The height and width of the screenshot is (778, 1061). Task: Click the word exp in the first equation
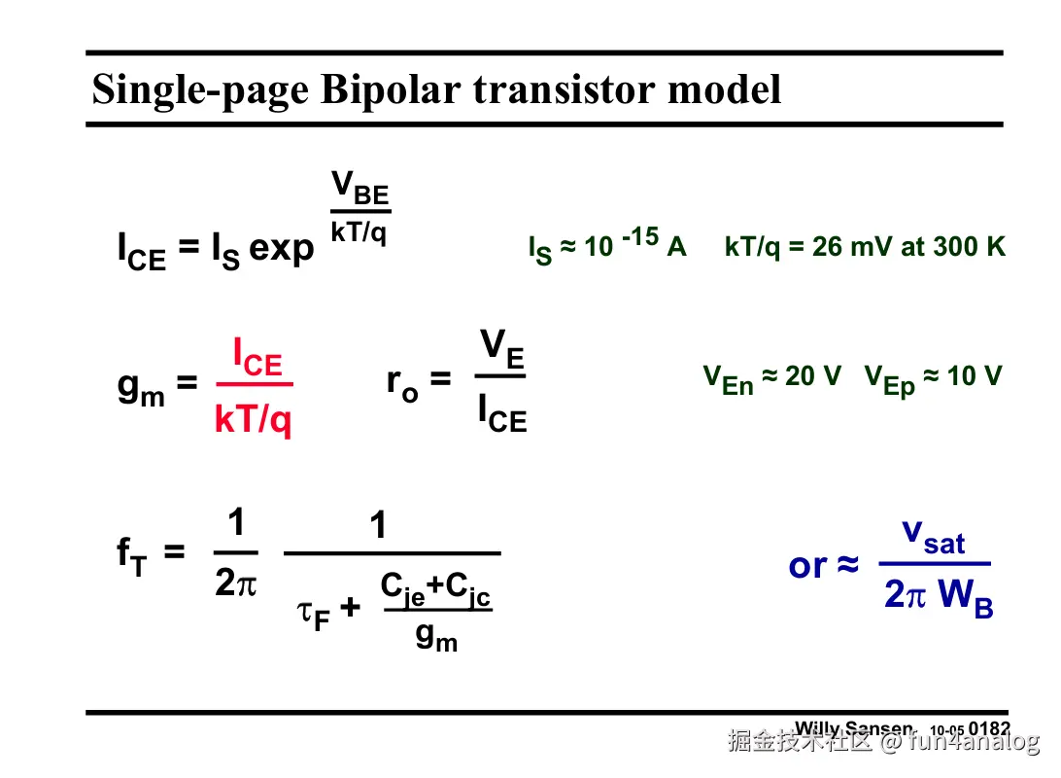282,248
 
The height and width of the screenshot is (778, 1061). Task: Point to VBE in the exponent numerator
359,187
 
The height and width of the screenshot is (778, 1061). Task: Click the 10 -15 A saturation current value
635,245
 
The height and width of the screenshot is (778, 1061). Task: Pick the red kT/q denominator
253,420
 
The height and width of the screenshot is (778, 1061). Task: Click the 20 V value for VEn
813,376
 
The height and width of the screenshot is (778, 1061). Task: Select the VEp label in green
890,379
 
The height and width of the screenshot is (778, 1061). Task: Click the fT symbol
132,556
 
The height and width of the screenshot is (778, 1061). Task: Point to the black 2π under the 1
236,583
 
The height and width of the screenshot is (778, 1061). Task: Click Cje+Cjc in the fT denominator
435,587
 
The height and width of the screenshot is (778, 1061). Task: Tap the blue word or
807,565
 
